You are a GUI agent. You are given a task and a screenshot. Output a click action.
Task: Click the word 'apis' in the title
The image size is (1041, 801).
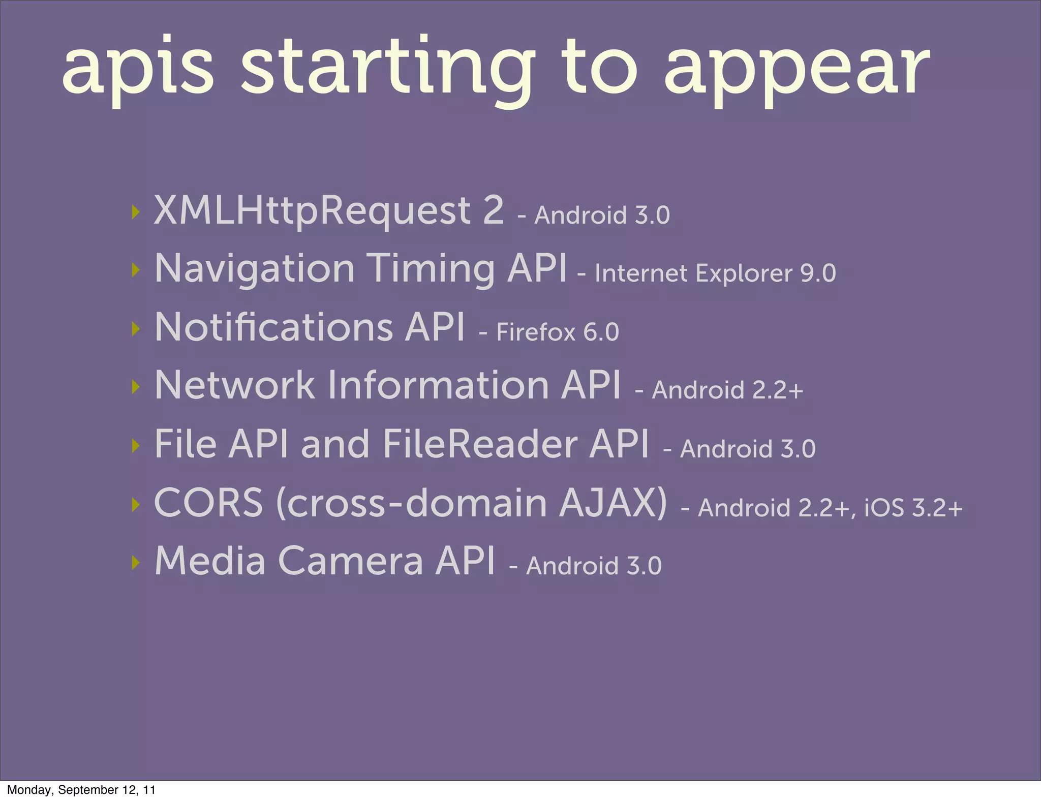[137, 69]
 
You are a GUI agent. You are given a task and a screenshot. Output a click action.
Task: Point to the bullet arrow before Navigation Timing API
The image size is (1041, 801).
[135, 270]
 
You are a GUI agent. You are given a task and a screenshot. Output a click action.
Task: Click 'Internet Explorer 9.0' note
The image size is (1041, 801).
[715, 273]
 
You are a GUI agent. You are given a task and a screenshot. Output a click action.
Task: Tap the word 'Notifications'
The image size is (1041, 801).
[273, 327]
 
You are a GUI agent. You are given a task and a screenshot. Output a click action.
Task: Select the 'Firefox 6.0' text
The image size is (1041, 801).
[557, 332]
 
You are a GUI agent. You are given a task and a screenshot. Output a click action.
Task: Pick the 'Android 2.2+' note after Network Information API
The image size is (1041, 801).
[727, 390]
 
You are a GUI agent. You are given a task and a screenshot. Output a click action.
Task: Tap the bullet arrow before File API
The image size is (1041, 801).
[135, 446]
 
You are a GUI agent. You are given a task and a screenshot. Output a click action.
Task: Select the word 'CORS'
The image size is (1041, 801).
[208, 503]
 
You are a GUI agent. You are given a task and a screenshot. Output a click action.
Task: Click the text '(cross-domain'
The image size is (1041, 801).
[411, 503]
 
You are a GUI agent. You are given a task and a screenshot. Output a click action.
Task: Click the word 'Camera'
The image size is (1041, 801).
[350, 561]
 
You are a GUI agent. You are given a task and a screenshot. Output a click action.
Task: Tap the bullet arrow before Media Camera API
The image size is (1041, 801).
[135, 563]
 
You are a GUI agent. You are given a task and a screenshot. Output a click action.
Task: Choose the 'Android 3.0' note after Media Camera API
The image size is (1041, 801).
[594, 566]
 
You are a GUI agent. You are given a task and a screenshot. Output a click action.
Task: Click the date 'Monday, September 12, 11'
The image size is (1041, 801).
[81, 790]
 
